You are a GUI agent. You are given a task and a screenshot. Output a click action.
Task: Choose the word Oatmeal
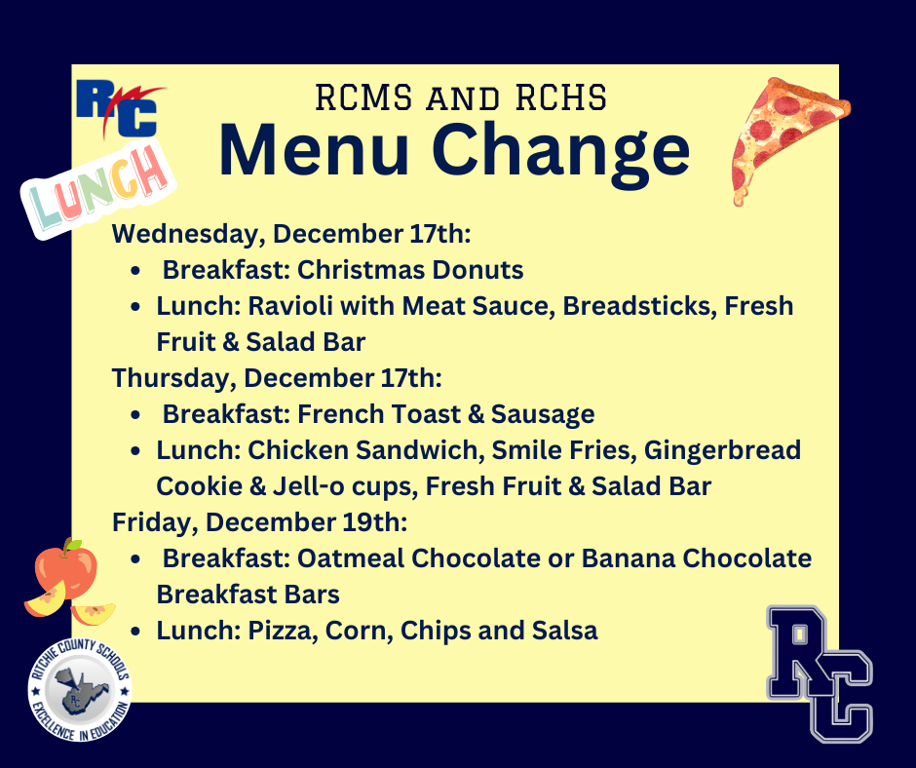click(x=351, y=558)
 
